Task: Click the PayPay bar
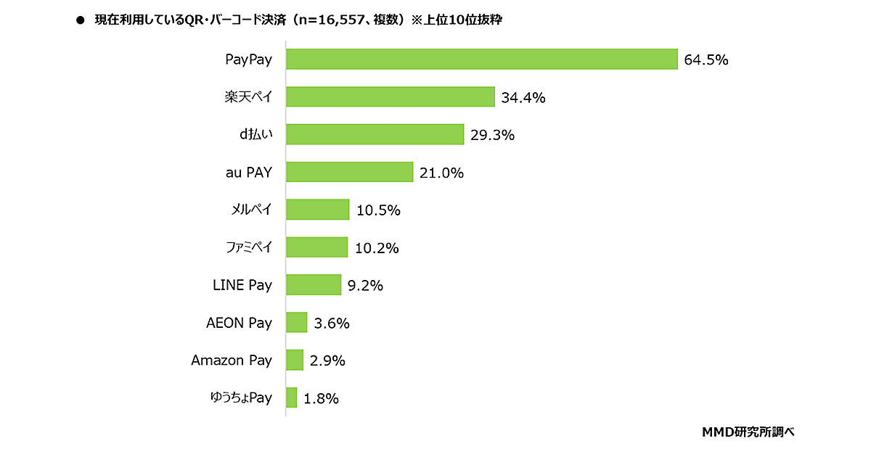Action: [481, 59]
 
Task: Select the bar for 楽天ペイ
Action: [390, 97]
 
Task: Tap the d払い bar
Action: [375, 134]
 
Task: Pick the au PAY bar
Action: [349, 172]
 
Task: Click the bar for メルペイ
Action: [317, 210]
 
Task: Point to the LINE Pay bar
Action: [314, 285]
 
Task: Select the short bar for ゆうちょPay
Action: [292, 398]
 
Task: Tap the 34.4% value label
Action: [523, 97]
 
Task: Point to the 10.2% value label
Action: [377, 248]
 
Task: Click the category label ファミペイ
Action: [248, 247]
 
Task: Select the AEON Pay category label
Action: [239, 323]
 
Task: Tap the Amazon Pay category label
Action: [232, 361]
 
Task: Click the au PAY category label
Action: [248, 173]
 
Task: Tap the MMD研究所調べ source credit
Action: [748, 432]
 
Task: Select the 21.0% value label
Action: [441, 173]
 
